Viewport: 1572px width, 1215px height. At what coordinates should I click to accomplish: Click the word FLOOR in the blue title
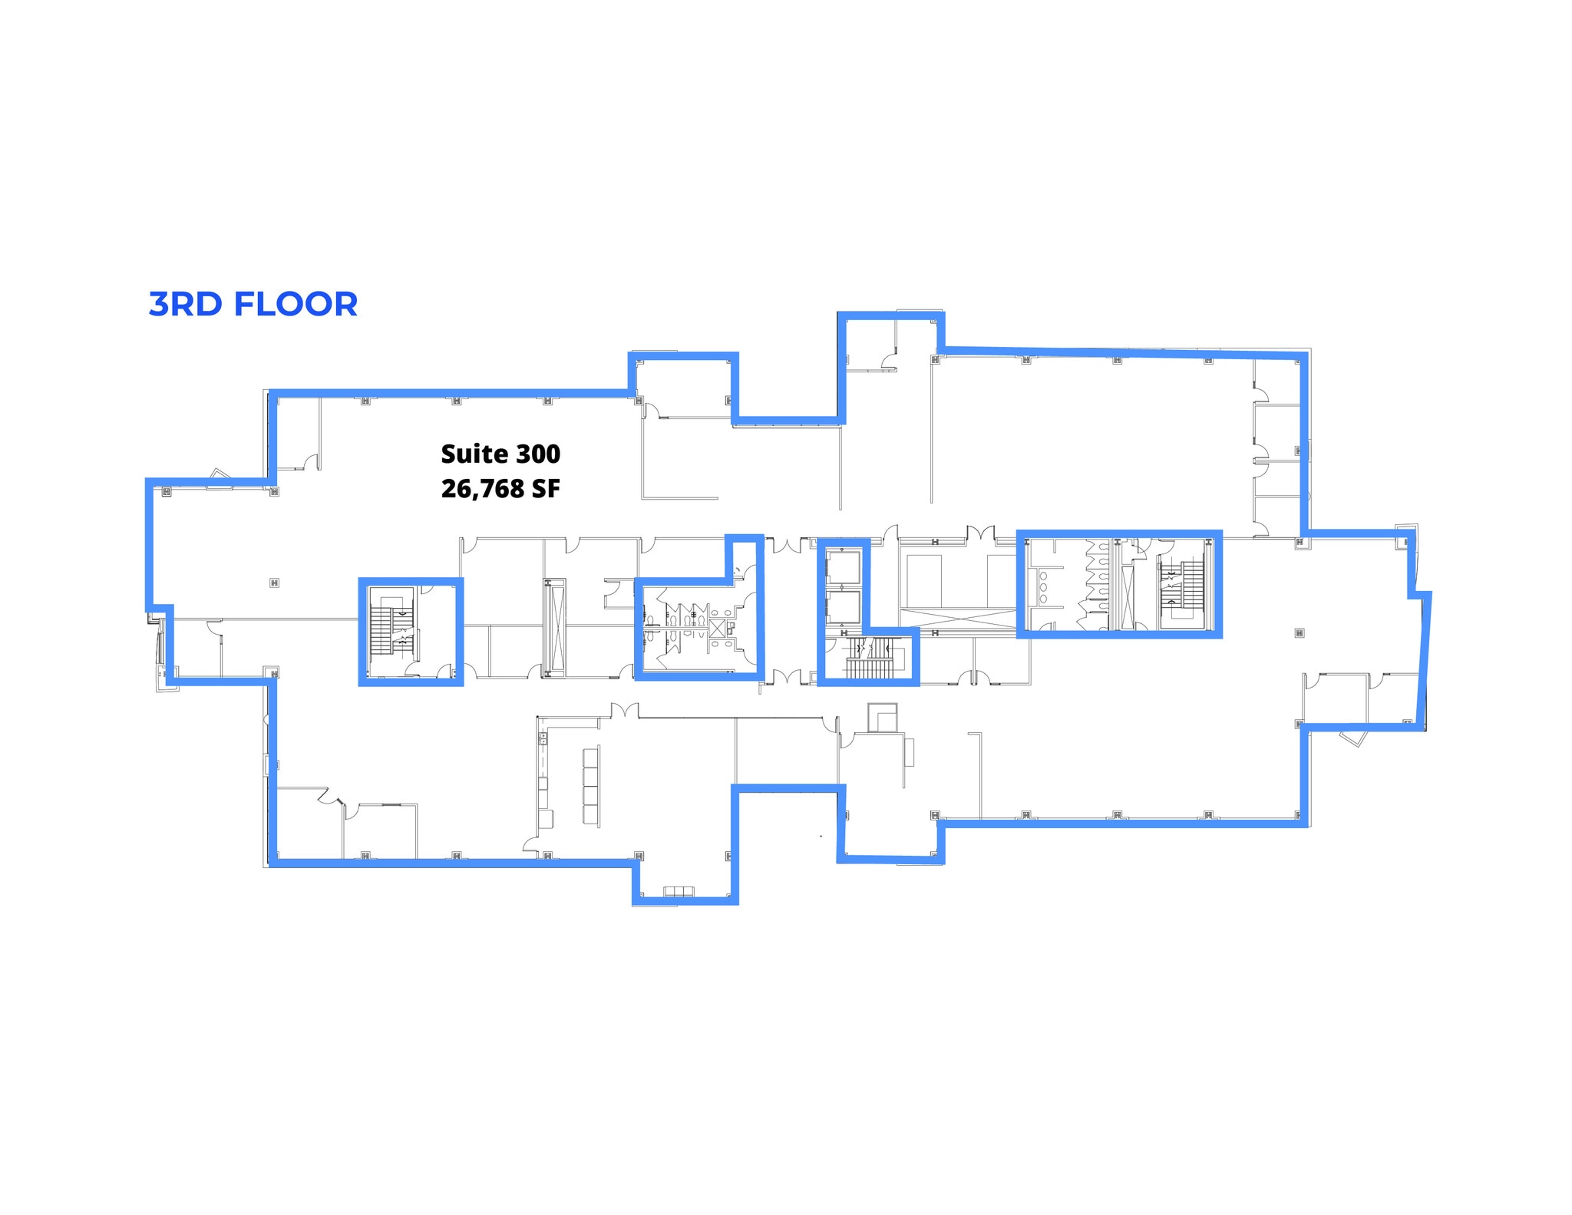296,304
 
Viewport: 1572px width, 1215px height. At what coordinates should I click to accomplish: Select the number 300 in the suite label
537,454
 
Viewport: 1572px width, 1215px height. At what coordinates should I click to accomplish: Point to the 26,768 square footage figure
482,488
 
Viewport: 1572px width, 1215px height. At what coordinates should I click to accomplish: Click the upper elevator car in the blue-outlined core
843,567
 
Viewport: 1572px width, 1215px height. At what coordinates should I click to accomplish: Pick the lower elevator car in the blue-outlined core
843,606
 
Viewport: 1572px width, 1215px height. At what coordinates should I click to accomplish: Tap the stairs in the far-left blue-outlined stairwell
381,630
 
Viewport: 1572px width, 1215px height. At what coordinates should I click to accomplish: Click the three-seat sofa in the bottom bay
679,891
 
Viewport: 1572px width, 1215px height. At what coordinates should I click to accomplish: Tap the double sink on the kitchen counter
543,738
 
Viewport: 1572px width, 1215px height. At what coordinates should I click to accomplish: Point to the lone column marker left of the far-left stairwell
274,583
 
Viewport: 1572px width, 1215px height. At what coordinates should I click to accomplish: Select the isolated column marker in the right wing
1299,633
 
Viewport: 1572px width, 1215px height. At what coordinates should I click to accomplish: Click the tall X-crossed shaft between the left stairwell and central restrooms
553,628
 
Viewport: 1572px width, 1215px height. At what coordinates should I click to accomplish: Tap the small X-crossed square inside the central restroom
717,628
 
